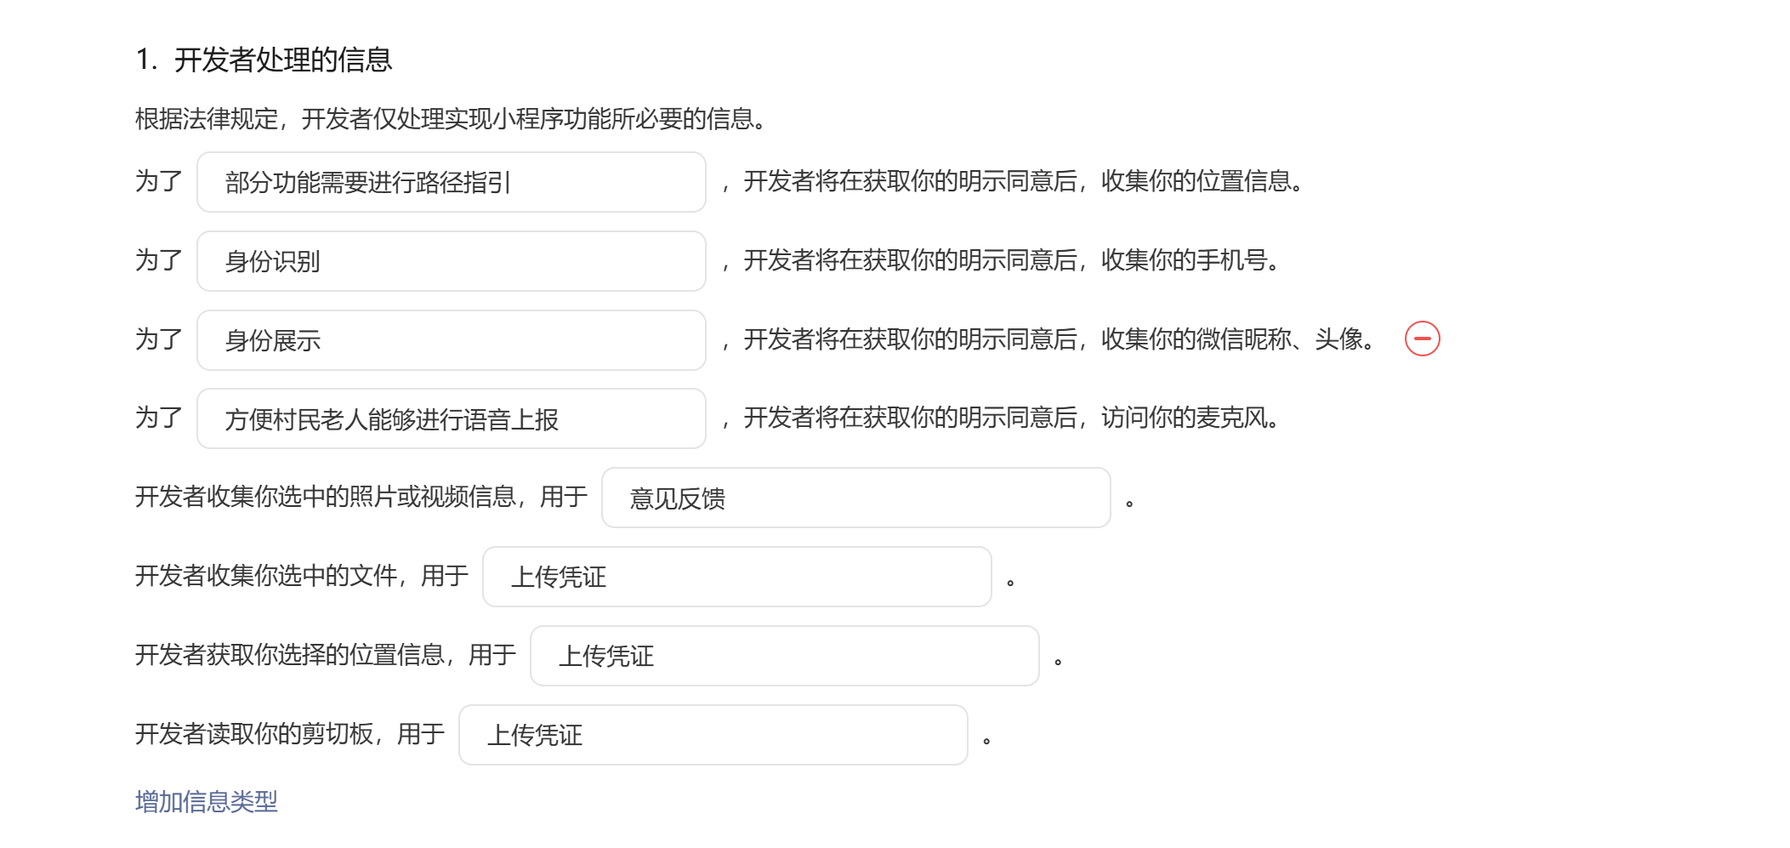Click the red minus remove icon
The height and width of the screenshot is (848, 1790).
pos(1422,339)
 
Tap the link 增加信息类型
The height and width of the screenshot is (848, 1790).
pos(206,801)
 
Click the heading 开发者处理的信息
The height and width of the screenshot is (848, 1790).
pos(282,60)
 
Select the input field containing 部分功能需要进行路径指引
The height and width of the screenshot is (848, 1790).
pos(451,182)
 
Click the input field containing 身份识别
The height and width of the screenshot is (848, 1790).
pos(451,261)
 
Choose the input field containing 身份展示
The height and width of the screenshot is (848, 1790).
pos(451,340)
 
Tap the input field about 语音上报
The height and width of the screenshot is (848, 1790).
pos(451,418)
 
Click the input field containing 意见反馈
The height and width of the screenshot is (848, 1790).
pos(855,498)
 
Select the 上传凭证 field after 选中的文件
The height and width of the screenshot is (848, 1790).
pos(736,577)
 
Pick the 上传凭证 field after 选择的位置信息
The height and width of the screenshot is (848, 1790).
pos(784,656)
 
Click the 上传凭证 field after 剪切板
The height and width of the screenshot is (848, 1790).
pos(713,735)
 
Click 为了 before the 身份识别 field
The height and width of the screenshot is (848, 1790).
pos(159,260)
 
